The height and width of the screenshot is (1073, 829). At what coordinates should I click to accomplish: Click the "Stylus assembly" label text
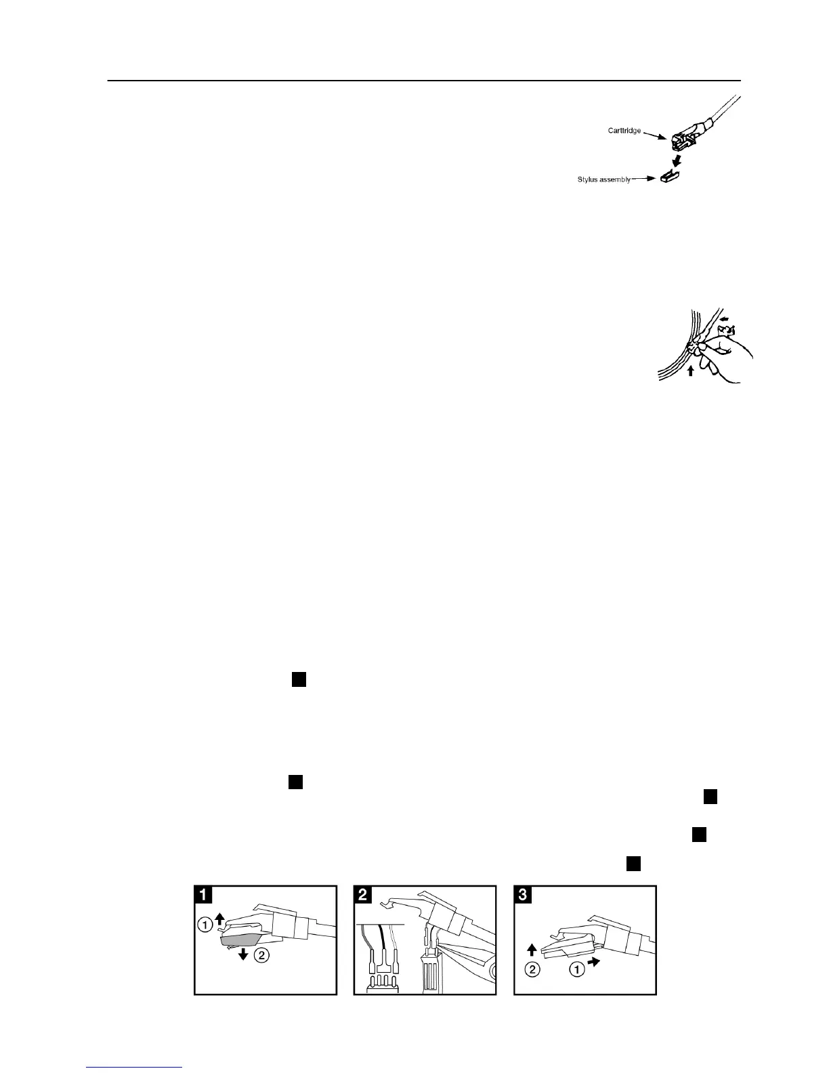[x=600, y=180]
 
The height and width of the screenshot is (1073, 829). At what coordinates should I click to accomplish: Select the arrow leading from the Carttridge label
[x=655, y=135]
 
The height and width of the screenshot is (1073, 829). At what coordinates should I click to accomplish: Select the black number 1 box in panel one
[x=203, y=894]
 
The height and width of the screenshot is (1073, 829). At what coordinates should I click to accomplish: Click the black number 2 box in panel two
[x=363, y=894]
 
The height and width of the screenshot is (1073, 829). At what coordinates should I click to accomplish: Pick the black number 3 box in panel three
[x=523, y=894]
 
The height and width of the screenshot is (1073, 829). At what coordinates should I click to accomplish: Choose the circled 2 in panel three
[x=532, y=969]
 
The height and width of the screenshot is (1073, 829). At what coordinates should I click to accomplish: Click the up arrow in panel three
[x=532, y=952]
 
